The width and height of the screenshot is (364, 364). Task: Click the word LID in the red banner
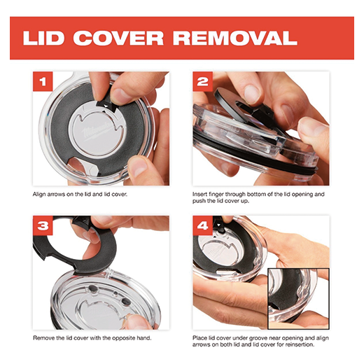pyautogui.click(x=43, y=38)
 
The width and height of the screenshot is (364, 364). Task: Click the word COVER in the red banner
pyautogui.click(x=118, y=38)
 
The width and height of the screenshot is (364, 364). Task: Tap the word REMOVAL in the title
pyautogui.click(x=235, y=38)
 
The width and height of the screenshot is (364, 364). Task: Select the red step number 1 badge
pyautogui.click(x=43, y=81)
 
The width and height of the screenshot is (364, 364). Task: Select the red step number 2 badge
pyautogui.click(x=202, y=81)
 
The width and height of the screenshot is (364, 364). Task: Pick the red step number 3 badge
pyautogui.click(x=43, y=225)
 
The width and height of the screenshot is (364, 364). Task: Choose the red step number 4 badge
pyautogui.click(x=202, y=225)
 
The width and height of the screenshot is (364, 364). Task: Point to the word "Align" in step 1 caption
pyautogui.click(x=39, y=195)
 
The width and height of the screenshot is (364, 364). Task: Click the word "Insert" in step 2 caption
pyautogui.click(x=199, y=194)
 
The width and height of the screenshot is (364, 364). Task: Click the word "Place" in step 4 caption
pyautogui.click(x=199, y=338)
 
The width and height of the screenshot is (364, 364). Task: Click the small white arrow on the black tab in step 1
pyautogui.click(x=106, y=106)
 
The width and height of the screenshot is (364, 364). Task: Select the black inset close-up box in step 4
pyautogui.click(x=298, y=299)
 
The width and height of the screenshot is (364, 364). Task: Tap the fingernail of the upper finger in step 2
pyautogui.click(x=251, y=94)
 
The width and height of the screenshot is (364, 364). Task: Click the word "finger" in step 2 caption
pyautogui.click(x=216, y=195)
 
